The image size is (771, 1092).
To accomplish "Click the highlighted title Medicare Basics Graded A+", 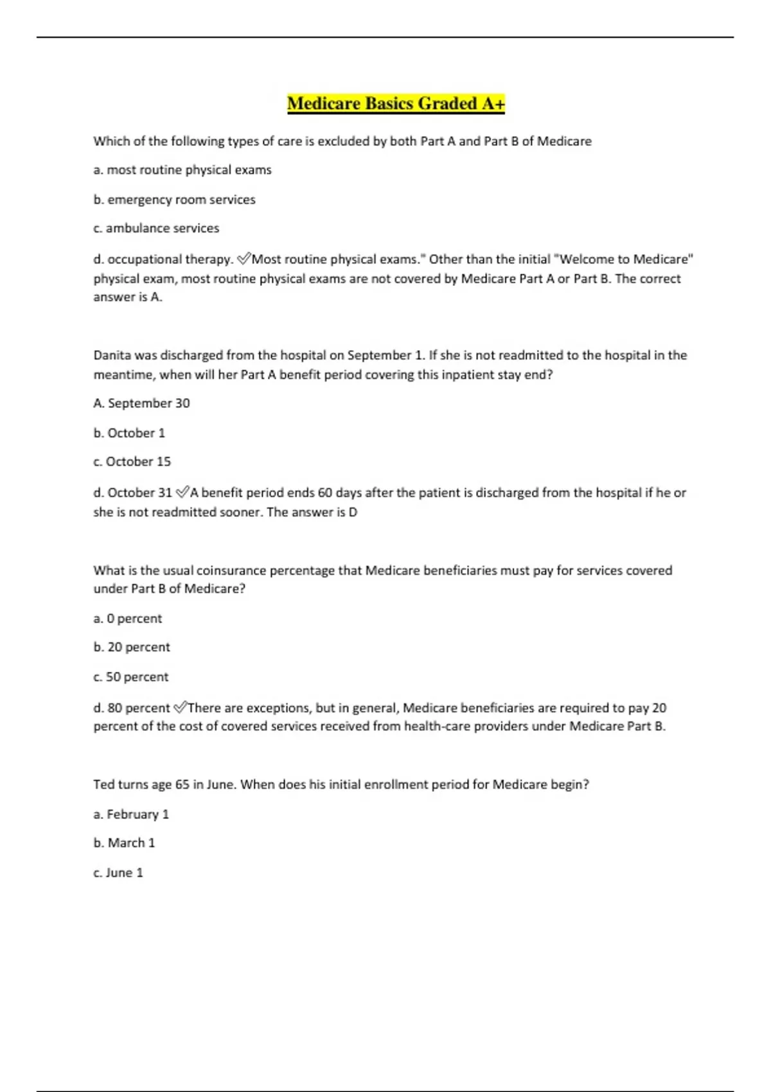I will pyautogui.click(x=396, y=103).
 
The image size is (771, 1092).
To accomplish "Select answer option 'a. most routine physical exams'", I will pyautogui.click(x=182, y=170).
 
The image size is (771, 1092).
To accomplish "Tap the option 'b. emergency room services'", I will pyautogui.click(x=174, y=200).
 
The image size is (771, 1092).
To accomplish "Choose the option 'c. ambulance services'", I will pyautogui.click(x=156, y=228).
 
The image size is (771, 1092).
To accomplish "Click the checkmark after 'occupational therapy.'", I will pyautogui.click(x=244, y=259).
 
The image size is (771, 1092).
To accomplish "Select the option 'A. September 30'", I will pyautogui.click(x=141, y=403).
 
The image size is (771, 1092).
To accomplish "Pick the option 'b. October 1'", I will pyautogui.click(x=129, y=433).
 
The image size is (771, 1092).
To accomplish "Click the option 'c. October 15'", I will pyautogui.click(x=132, y=462).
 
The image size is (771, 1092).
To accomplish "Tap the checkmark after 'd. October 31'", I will pyautogui.click(x=182, y=492).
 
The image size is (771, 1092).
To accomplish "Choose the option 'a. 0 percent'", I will pyautogui.click(x=128, y=619).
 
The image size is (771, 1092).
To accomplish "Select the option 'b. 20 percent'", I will pyautogui.click(x=132, y=647).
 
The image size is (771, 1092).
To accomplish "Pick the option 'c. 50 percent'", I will pyautogui.click(x=131, y=677).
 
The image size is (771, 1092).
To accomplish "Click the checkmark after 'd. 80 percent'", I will pyautogui.click(x=180, y=708).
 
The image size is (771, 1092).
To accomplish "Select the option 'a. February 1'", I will pyautogui.click(x=131, y=815).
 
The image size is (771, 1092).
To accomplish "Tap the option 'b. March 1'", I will pyautogui.click(x=124, y=843).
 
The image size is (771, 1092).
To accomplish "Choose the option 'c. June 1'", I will pyautogui.click(x=118, y=873).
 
